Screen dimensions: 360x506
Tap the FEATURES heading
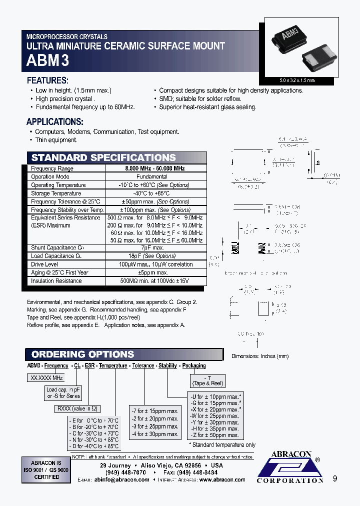click(x=47, y=80)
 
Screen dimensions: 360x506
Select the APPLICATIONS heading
click(x=54, y=121)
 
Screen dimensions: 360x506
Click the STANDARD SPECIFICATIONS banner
click(x=103, y=157)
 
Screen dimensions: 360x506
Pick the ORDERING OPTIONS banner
click(x=83, y=354)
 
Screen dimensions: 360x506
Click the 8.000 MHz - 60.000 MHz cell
click(x=155, y=168)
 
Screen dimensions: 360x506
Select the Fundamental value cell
click(x=155, y=176)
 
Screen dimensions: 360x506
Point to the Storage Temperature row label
click(x=56, y=193)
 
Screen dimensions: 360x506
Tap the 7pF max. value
click(x=155, y=247)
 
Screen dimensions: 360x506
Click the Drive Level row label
click(x=44, y=264)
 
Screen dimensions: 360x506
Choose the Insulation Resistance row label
click(x=56, y=280)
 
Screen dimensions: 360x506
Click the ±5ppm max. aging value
click(x=155, y=272)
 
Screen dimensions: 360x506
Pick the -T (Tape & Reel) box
click(x=207, y=380)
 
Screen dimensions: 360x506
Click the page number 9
click(x=335, y=478)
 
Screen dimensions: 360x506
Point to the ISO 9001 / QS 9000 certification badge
click(x=46, y=469)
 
